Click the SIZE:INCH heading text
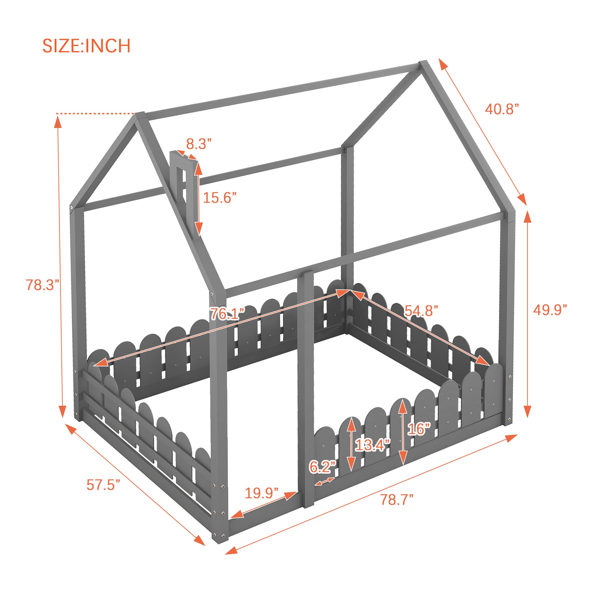[86, 46]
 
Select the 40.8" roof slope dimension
[502, 109]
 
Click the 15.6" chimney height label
[219, 198]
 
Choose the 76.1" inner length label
[227, 314]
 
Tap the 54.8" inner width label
[421, 311]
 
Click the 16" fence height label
[419, 429]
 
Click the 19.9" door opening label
[262, 493]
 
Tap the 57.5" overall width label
[103, 485]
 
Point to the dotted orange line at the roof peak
[96, 114]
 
